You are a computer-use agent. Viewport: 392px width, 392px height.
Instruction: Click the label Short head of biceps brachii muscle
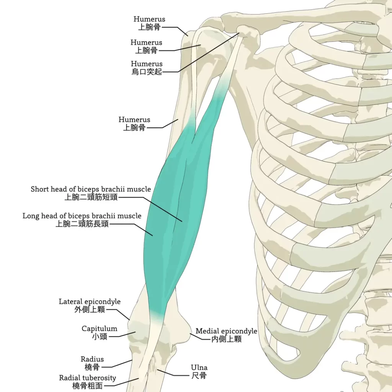pos(91,189)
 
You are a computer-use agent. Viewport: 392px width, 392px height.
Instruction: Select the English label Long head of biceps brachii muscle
pos(82,216)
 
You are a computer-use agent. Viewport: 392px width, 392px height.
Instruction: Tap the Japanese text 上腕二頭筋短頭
pos(91,198)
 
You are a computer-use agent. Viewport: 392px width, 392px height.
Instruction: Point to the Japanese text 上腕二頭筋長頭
pos(82,224)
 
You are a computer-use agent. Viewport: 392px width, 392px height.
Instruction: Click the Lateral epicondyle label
pos(90,302)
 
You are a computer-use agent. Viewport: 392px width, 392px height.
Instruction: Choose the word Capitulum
pos(100,328)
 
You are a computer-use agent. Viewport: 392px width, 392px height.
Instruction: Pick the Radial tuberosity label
pos(87,378)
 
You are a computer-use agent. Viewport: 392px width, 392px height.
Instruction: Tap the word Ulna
pos(199,368)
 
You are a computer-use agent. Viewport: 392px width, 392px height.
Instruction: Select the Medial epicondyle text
pos(226,331)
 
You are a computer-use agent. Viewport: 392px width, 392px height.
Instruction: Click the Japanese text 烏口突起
pos(147,72)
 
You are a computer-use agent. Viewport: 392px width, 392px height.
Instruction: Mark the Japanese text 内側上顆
pos(227,339)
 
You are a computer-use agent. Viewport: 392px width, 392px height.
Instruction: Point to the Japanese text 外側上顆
pos(90,310)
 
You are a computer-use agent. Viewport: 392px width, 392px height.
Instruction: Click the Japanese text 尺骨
pos(199,376)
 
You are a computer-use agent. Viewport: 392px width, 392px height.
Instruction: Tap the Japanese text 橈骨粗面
pos(87,386)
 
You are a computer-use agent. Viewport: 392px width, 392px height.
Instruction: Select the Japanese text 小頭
pos(100,337)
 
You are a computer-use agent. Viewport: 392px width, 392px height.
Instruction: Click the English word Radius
pos(92,359)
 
